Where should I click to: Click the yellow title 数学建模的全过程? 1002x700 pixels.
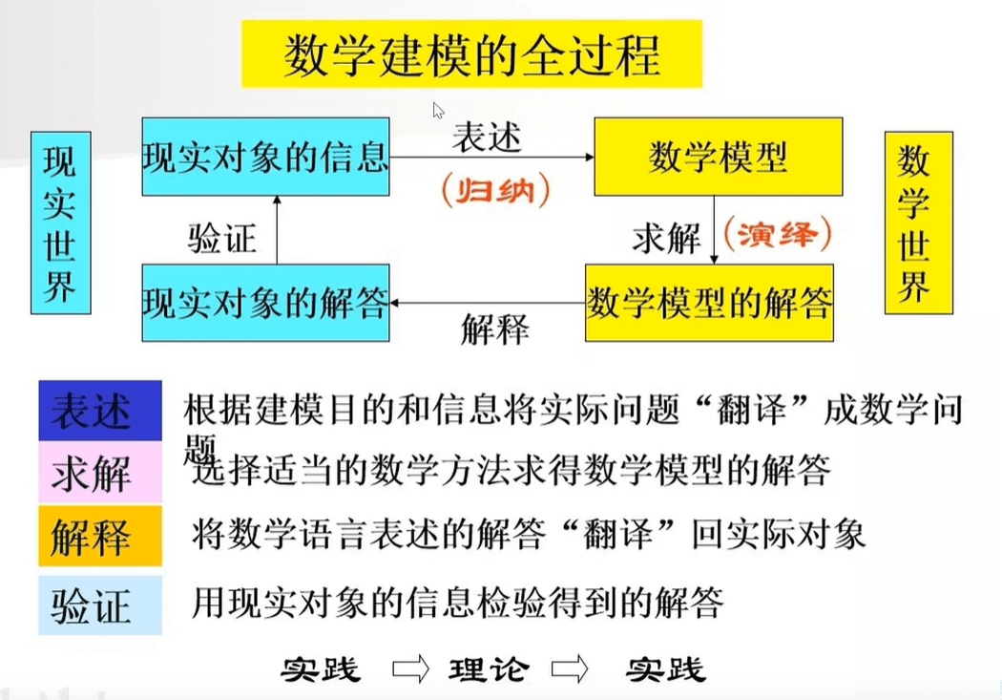point(471,54)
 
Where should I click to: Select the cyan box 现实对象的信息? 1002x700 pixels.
point(265,157)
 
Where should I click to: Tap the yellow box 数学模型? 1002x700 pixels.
point(718,157)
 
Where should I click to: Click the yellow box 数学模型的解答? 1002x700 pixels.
point(709,304)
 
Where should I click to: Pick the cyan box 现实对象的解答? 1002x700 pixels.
point(265,304)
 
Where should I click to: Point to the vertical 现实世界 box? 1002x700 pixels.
point(60,223)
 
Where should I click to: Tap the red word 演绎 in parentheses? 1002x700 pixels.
point(778,233)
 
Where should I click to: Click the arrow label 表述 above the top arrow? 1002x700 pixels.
point(487,137)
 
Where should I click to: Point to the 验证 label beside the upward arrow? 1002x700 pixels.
point(221,237)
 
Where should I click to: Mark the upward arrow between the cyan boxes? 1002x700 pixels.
point(277,229)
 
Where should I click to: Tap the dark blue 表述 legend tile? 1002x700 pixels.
point(99,411)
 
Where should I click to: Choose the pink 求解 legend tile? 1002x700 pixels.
point(99,472)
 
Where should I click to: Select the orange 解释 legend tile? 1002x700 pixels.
point(99,536)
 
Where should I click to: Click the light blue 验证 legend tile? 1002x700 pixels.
point(99,605)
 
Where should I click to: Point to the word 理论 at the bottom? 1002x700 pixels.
point(488,668)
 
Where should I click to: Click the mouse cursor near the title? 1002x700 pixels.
point(438,110)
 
